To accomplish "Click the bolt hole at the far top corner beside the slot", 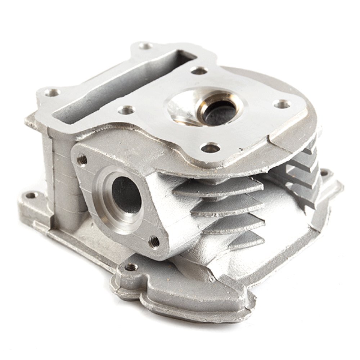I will pos(145,46).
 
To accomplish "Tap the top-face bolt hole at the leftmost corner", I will pos(52,93).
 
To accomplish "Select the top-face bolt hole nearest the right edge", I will pos(283,104).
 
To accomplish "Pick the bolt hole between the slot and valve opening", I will pos(199,71).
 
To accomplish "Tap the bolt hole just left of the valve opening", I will pos(127,110).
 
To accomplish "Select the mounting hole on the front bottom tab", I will pos(132,267).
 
